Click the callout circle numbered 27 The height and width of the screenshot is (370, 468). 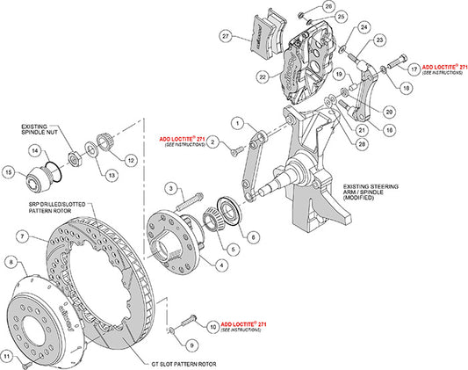coord(227,36)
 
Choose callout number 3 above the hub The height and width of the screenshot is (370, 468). coord(171,189)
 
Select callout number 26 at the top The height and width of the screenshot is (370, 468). coord(303,7)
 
